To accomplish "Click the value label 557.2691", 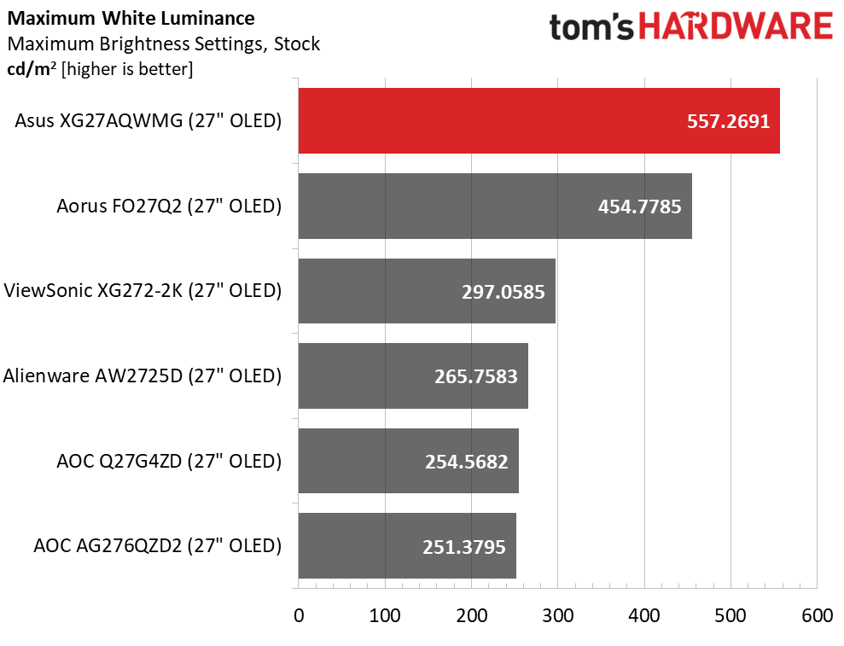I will (728, 121).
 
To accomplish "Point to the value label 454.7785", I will (640, 206).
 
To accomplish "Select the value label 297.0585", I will (504, 291).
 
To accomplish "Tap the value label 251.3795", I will (465, 545).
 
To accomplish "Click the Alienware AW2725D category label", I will (143, 375).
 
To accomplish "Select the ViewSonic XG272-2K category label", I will (143, 291).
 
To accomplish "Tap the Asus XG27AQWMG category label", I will (148, 121).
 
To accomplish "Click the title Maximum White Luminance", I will (130, 17).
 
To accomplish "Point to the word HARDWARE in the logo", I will (736, 28).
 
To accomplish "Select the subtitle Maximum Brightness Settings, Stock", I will (163, 43).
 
